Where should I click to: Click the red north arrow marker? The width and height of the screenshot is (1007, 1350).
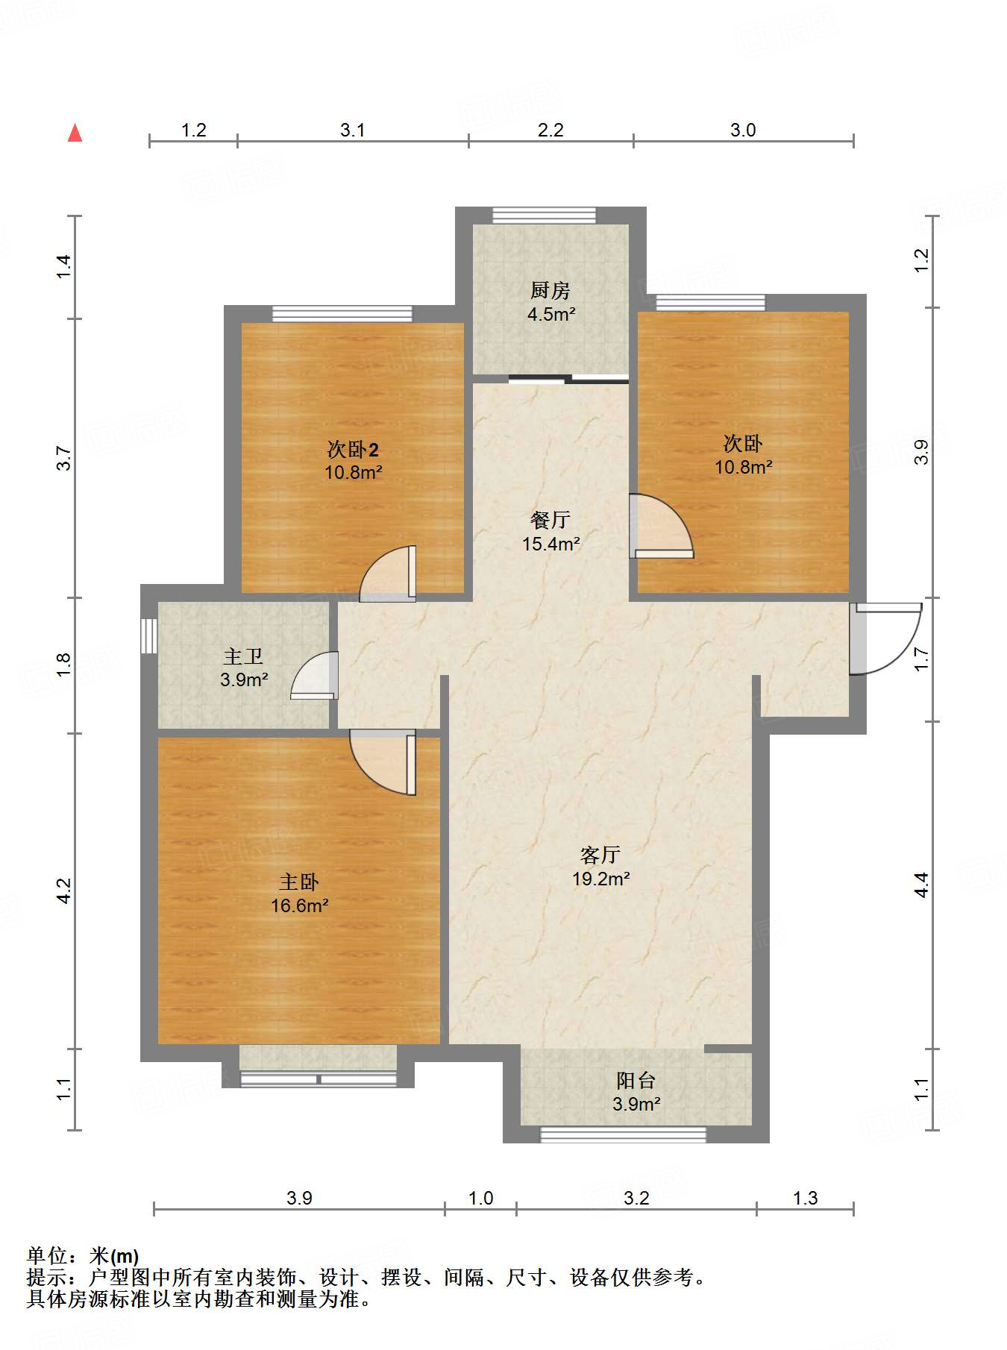(75, 133)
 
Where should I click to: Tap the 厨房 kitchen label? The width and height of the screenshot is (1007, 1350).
(550, 290)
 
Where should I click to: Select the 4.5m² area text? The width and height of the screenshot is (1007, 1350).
(551, 314)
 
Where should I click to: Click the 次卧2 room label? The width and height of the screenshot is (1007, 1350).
(353, 449)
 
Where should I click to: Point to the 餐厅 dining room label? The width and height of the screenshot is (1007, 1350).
(550, 520)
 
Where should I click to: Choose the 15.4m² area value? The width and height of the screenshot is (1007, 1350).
(551, 544)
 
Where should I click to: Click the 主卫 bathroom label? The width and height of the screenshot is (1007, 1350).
(243, 656)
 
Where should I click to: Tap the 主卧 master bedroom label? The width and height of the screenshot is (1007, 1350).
(299, 882)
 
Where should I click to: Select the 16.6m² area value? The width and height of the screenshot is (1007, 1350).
(300, 905)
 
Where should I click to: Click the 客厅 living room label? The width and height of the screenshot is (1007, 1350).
(600, 855)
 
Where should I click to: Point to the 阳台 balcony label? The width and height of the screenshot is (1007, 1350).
(636, 1080)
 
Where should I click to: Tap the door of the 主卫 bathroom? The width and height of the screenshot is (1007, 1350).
(314, 676)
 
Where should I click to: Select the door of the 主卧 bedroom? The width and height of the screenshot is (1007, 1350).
(383, 762)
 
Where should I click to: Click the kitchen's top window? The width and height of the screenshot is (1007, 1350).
(545, 215)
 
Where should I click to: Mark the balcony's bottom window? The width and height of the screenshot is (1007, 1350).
(623, 1134)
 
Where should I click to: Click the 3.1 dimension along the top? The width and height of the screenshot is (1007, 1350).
(353, 130)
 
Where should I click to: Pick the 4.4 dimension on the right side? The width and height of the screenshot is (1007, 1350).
(922, 885)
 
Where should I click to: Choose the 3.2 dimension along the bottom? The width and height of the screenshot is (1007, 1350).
(636, 1198)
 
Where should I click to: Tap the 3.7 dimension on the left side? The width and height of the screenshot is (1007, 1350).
(64, 457)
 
